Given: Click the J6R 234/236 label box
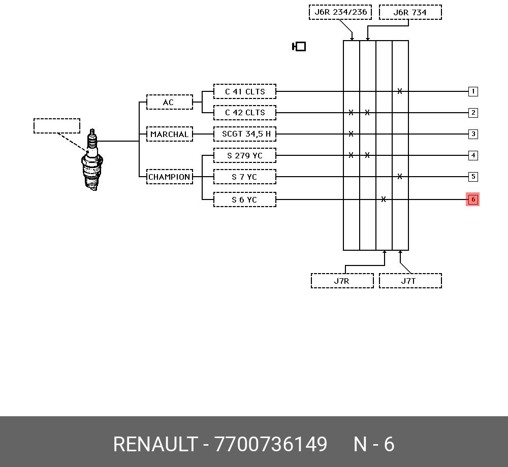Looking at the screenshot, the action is tap(340, 12).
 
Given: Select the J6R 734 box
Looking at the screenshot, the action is tap(410, 12).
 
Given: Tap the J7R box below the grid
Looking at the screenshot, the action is tap(342, 281).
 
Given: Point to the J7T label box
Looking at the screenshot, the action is tap(410, 281).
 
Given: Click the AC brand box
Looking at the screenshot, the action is tap(170, 102).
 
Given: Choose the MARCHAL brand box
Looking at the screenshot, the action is tap(170, 134).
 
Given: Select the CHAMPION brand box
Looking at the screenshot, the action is tap(170, 177).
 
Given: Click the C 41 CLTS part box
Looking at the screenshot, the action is tap(245, 91).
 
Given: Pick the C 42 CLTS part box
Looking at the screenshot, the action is tap(245, 113).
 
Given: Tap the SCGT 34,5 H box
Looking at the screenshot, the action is tap(245, 134).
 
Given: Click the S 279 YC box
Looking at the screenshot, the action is tap(245, 155).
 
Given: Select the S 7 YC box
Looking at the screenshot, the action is tap(245, 177).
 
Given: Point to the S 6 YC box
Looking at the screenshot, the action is tap(245, 199).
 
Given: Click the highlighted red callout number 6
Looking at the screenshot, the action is tap(473, 199).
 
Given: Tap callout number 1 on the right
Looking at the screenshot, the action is tap(473, 91).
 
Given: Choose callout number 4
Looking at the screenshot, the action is tap(473, 155).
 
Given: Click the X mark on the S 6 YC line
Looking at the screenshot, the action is tap(384, 199).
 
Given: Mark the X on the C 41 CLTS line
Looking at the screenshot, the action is tap(400, 91).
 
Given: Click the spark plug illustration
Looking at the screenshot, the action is tap(92, 160).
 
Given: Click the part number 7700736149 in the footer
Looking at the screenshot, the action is tap(271, 444).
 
